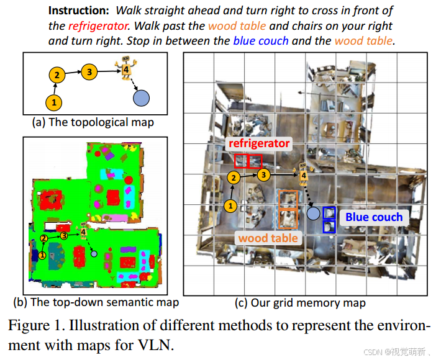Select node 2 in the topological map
(57, 76)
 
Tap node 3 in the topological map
(89, 71)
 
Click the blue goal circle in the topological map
(142, 97)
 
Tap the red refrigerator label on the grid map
(259, 143)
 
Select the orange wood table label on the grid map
(268, 238)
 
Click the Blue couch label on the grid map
(374, 217)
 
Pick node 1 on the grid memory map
(230, 205)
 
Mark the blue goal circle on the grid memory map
(314, 214)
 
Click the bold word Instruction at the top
(79, 11)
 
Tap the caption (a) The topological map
(93, 122)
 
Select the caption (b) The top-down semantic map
(96, 302)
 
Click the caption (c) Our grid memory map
(300, 303)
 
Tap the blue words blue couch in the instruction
(261, 41)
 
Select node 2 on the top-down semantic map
(44, 238)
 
